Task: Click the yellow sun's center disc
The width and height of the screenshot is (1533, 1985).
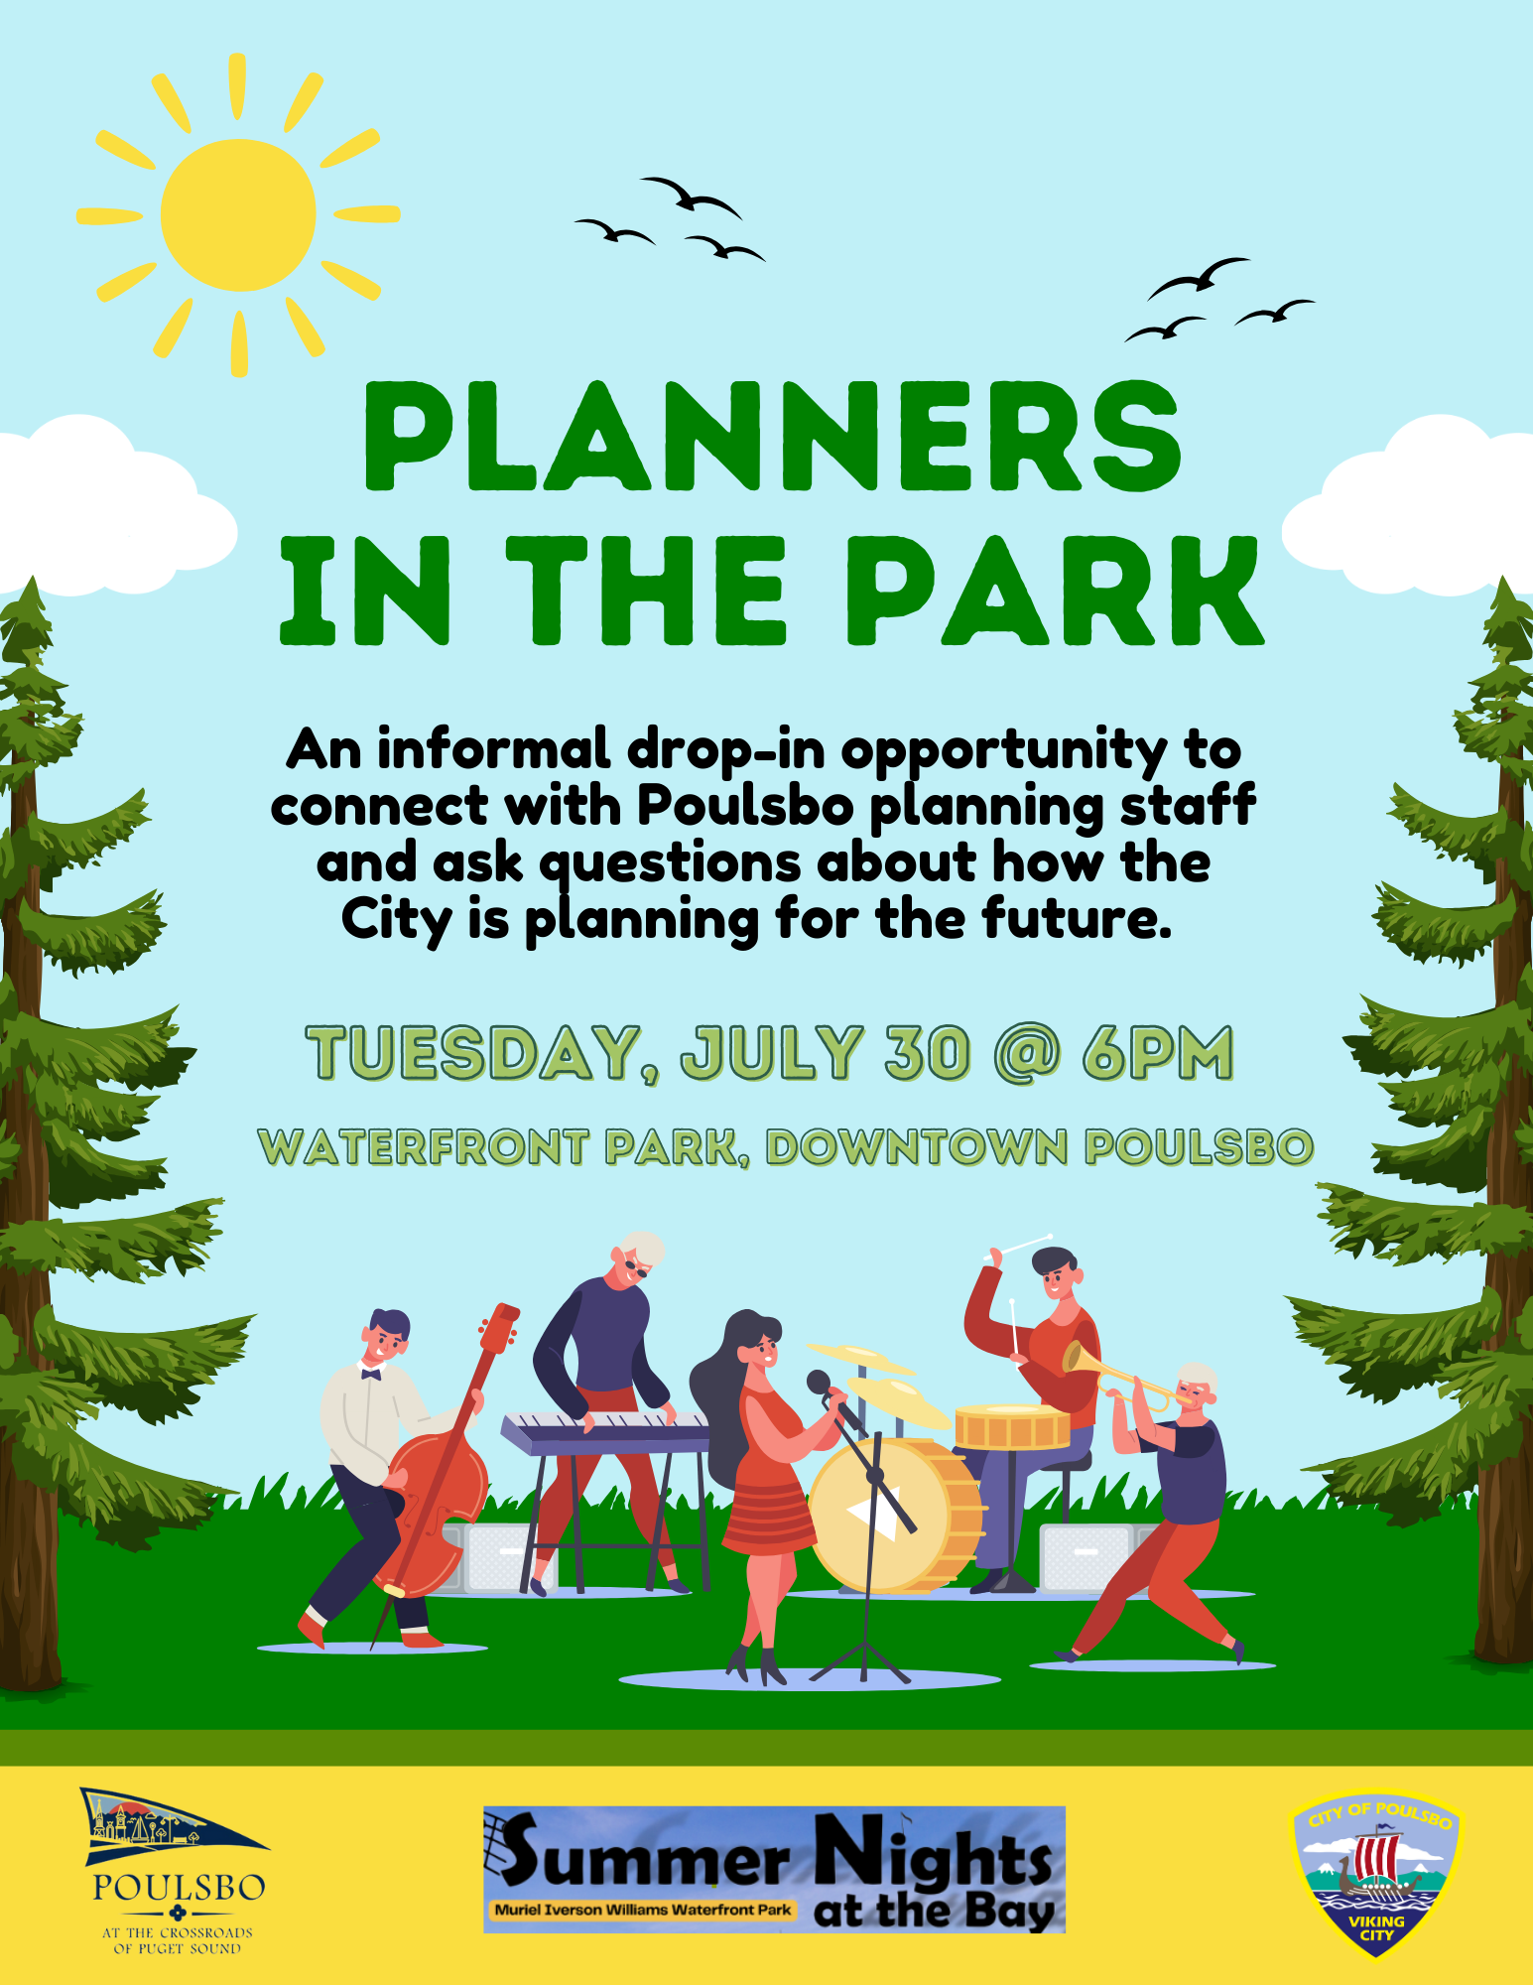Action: point(238,214)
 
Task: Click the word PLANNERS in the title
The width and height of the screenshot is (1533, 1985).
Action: point(774,437)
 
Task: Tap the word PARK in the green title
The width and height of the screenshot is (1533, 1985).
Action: point(1054,592)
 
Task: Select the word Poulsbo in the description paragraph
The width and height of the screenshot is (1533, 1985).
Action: point(745,805)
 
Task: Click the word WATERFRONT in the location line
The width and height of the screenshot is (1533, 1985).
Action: point(424,1147)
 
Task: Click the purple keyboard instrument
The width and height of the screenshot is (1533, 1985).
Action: point(605,1433)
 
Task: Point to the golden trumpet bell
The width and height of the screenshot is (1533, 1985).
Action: point(1076,1355)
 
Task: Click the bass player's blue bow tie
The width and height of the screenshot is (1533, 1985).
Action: point(371,1374)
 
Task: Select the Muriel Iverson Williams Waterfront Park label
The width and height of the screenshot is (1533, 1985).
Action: point(643,1909)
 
